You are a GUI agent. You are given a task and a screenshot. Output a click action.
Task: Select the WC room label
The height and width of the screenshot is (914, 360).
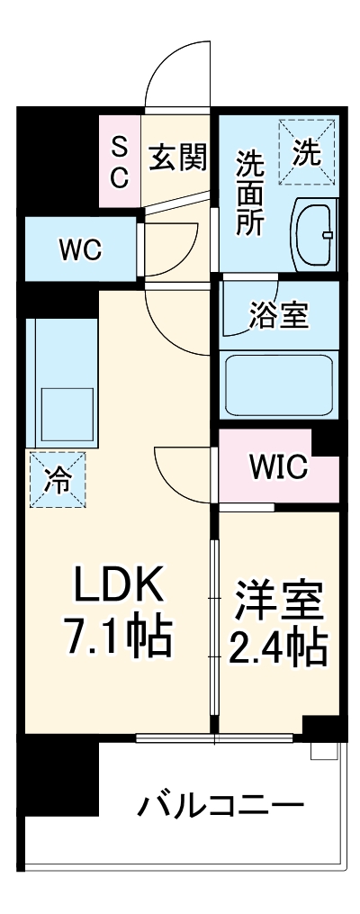coord(80,249)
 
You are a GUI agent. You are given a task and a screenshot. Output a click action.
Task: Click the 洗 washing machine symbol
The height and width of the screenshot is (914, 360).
coord(306,152)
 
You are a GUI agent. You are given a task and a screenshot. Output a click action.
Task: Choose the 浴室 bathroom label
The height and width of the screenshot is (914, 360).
coord(278,315)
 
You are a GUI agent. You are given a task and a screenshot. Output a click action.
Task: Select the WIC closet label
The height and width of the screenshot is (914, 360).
coord(278,466)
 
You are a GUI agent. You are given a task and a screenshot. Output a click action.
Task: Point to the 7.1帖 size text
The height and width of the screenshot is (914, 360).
coord(116,638)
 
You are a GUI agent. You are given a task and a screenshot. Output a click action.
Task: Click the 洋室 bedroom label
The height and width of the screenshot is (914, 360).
coord(278,601)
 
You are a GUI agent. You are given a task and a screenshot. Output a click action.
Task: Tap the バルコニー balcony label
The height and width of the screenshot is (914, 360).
coord(220,804)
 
